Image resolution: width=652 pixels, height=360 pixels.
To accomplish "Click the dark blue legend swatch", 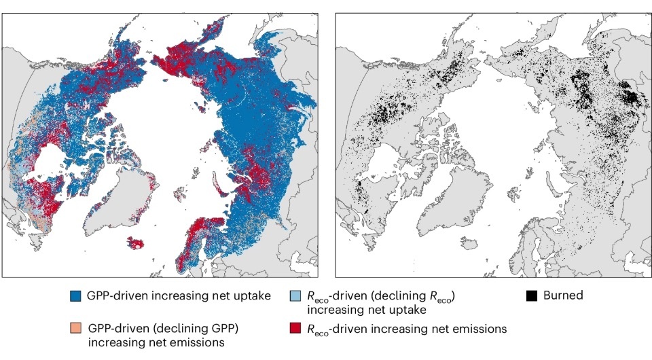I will click(75, 296).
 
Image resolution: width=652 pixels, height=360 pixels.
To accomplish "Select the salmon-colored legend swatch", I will click(75, 328).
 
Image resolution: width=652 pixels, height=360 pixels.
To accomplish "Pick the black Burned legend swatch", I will click(532, 296).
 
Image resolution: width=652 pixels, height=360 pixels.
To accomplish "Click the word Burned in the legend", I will click(563, 296).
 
